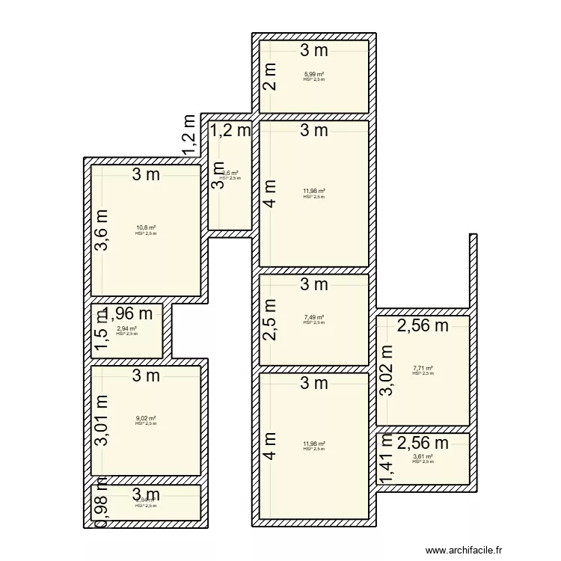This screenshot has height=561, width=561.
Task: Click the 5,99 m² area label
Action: click(x=314, y=73)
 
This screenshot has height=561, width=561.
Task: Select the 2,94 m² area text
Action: click(x=127, y=328)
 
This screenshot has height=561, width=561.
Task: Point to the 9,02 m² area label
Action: click(x=146, y=418)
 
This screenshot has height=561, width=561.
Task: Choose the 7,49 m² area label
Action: click(x=314, y=316)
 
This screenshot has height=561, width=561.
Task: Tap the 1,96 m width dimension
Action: click(x=132, y=313)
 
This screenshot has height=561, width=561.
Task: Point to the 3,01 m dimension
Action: click(x=102, y=420)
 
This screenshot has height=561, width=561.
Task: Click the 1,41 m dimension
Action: click(x=387, y=459)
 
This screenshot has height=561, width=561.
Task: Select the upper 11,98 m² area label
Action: click(x=314, y=191)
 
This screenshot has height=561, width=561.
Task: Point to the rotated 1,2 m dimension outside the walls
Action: click(x=190, y=135)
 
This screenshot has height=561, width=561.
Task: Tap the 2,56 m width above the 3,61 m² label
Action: click(x=423, y=443)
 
